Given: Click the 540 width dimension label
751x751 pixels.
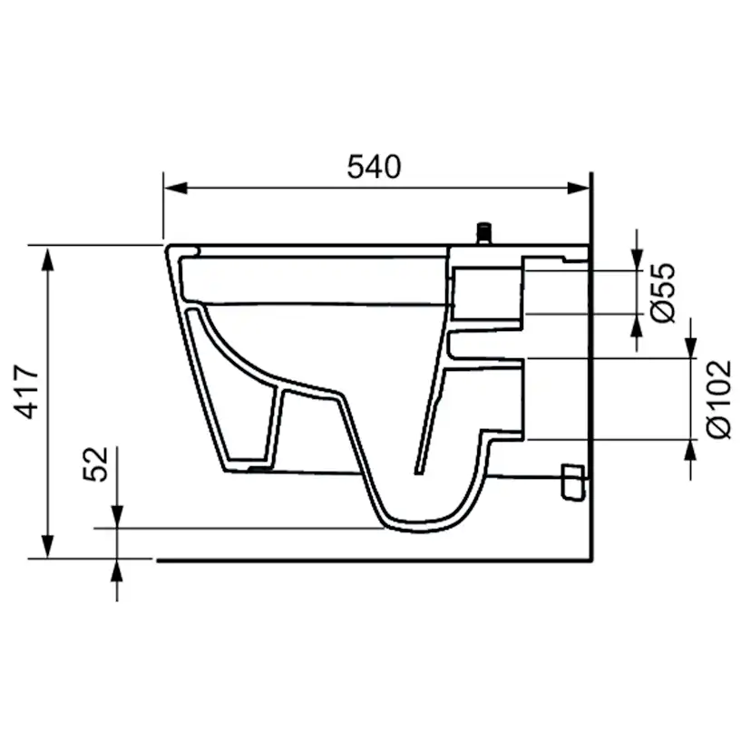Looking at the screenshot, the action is coord(374,167).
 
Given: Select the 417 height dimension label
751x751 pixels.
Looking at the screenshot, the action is coord(26,392).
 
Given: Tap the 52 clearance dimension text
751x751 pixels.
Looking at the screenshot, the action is coord(95,463).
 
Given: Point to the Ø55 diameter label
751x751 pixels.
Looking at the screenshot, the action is coord(663,292).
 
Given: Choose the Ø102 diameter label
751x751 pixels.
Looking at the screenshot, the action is coord(718,398).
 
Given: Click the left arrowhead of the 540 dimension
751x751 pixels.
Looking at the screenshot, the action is coord(175,188).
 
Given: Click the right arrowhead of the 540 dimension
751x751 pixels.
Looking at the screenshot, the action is coord(578,188).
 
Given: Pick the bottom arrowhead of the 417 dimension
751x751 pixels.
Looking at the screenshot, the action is coord(47,547).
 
